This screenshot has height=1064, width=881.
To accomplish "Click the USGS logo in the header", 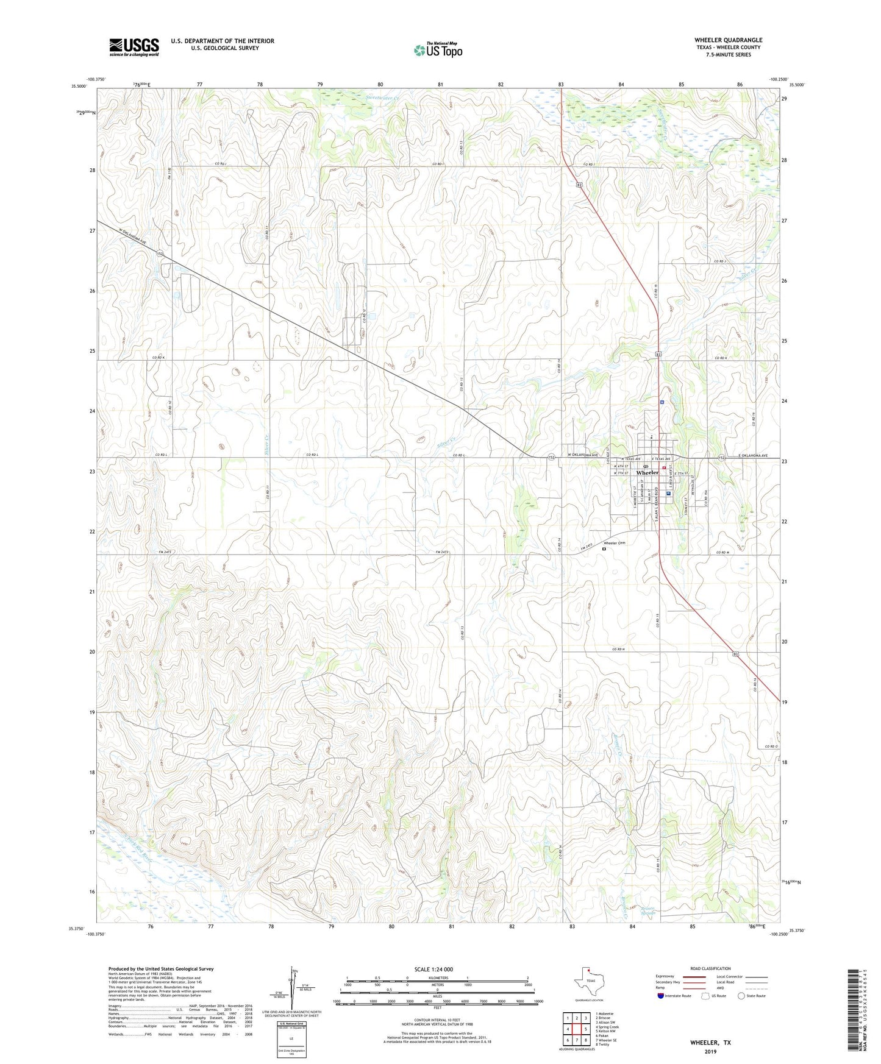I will pos(134,47).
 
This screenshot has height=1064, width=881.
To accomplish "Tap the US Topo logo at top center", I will pos(438,50).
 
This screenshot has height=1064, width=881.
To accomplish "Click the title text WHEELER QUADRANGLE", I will pos(728,40).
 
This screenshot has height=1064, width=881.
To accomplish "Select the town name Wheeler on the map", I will pos(647,473).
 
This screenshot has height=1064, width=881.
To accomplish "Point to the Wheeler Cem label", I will pos(615,542).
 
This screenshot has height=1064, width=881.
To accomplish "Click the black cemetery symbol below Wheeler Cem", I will pos(604,549).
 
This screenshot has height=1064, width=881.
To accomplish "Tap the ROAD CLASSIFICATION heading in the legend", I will pos(710,968).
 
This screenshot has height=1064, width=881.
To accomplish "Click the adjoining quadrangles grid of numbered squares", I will pos(576,1030).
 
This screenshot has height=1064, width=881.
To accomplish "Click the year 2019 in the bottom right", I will pos(710,1051).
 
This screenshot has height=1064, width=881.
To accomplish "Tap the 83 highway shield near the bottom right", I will pos(736,653).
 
